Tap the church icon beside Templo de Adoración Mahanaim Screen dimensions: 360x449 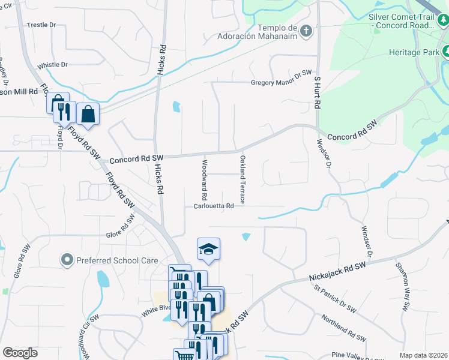(x=306, y=31)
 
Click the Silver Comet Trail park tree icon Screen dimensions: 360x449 (x=443, y=19)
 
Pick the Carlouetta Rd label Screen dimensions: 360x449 (x=217, y=206)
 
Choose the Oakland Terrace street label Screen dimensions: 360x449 (x=243, y=178)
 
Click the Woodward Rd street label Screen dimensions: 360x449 (x=205, y=180)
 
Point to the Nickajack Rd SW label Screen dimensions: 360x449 (x=337, y=271)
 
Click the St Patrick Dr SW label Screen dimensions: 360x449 (x=335, y=298)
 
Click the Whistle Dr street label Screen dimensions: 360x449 (x=52, y=64)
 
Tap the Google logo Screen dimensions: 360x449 (x=20, y=353)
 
